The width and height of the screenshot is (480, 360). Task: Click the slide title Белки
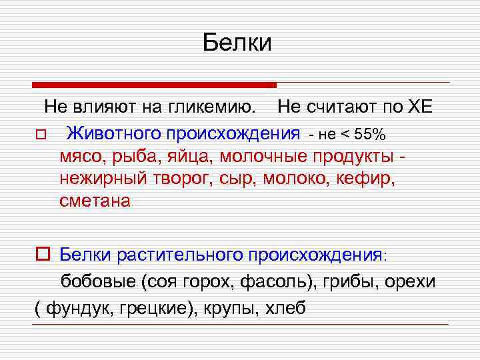pos(238,43)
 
